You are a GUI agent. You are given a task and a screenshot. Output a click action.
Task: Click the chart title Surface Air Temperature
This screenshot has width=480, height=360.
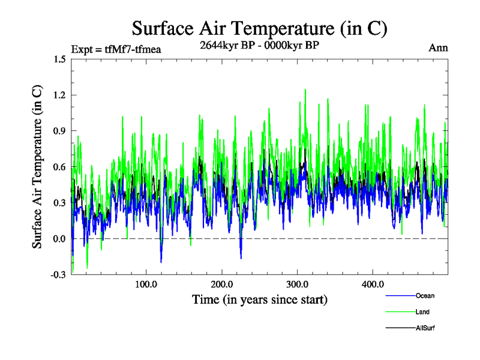click(259, 28)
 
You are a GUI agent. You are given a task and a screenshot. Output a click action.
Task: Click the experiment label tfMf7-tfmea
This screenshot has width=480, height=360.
click(116, 49)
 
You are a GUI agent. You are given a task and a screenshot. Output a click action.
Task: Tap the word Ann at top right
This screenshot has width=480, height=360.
click(438, 47)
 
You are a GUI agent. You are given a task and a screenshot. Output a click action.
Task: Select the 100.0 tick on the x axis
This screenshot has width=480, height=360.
click(146, 284)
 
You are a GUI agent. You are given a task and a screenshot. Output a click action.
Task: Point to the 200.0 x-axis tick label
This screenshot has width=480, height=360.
click(222, 284)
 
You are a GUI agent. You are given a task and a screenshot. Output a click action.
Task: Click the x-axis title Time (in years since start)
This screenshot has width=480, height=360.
click(259, 299)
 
